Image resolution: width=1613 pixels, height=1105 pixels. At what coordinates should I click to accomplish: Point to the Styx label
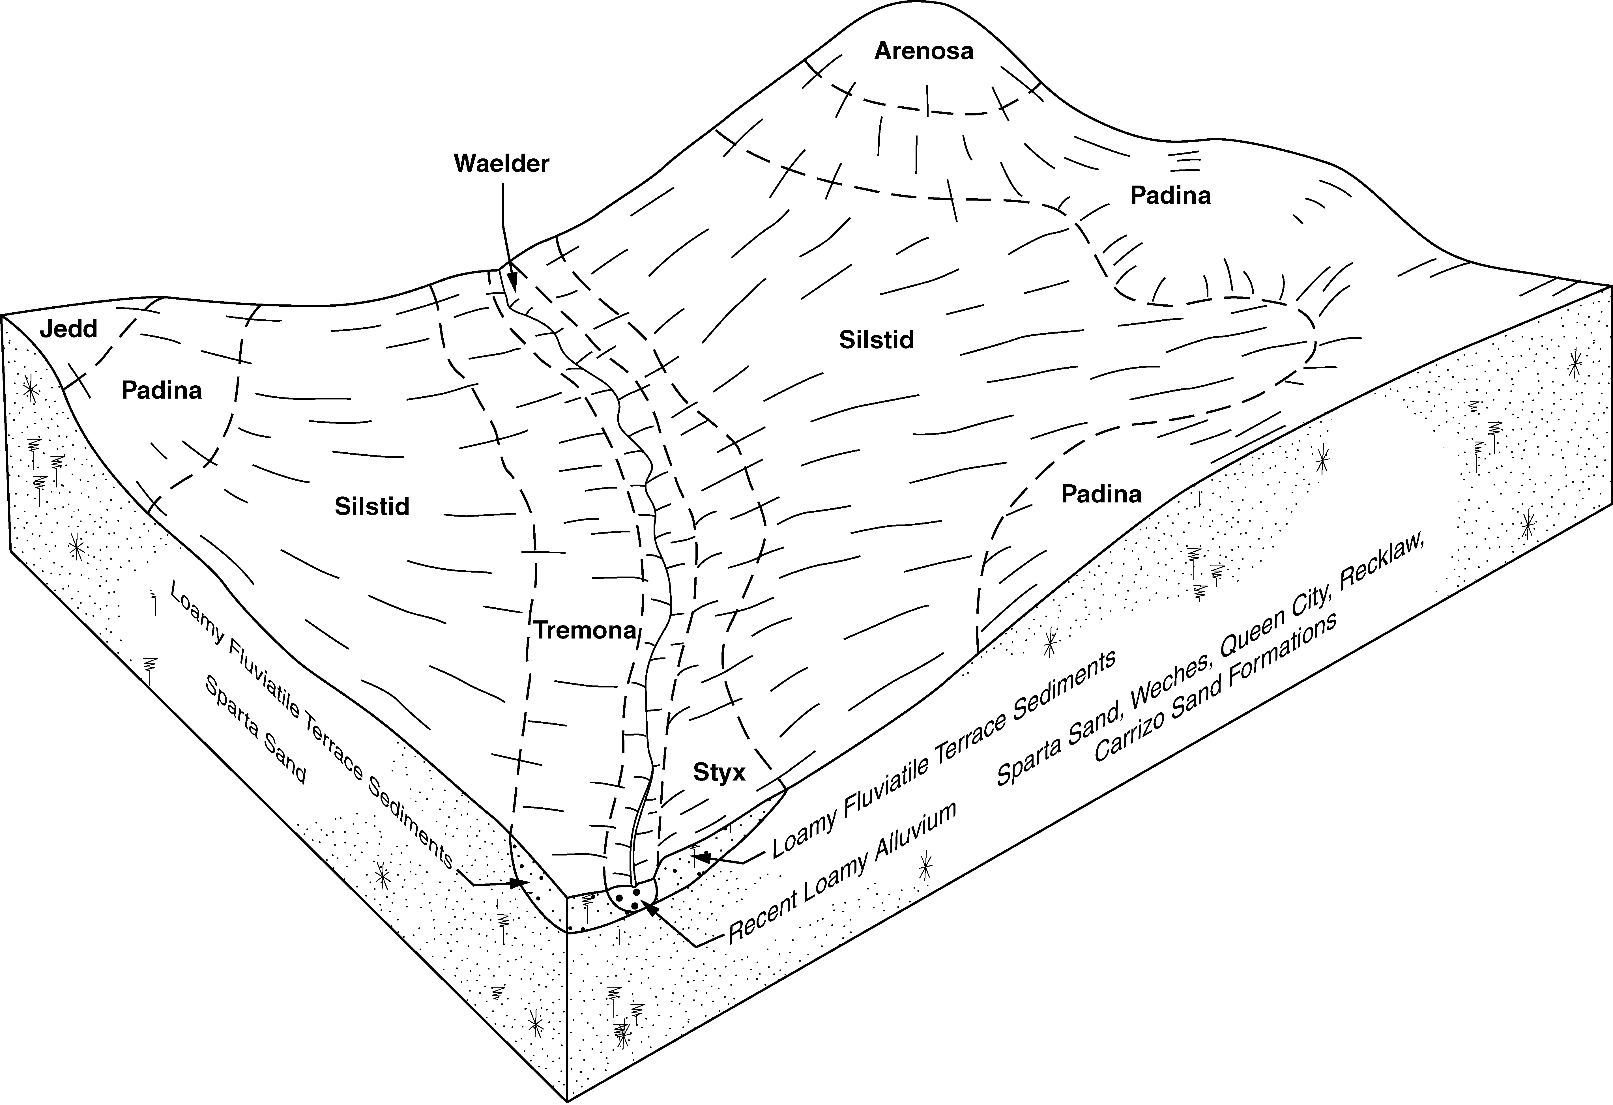tap(719, 773)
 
